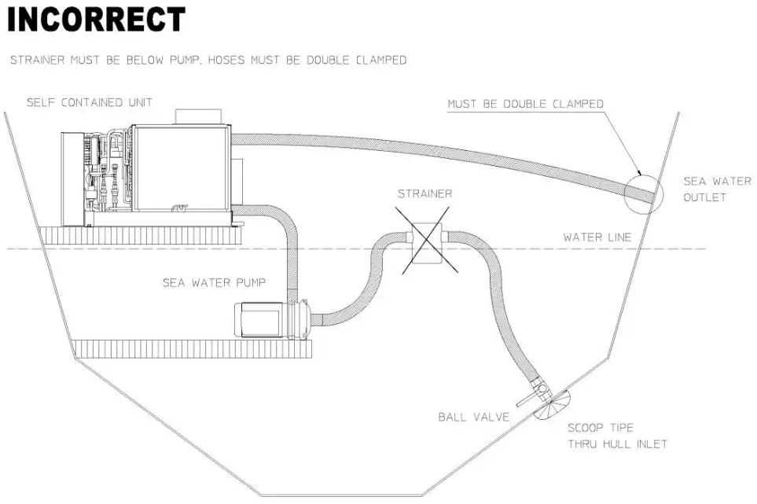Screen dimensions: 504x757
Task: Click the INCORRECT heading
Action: pos(96,20)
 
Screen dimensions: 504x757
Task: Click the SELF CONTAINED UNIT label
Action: pos(89,103)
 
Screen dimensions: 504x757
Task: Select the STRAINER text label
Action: pos(424,193)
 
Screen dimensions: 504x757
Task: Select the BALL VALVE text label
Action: pos(473,418)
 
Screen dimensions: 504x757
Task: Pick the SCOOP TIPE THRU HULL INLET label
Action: pos(617,436)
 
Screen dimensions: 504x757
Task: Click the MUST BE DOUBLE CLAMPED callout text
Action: pos(525,104)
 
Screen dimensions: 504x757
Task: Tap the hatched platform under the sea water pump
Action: pos(193,348)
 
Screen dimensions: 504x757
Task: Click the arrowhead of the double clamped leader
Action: pos(641,172)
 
